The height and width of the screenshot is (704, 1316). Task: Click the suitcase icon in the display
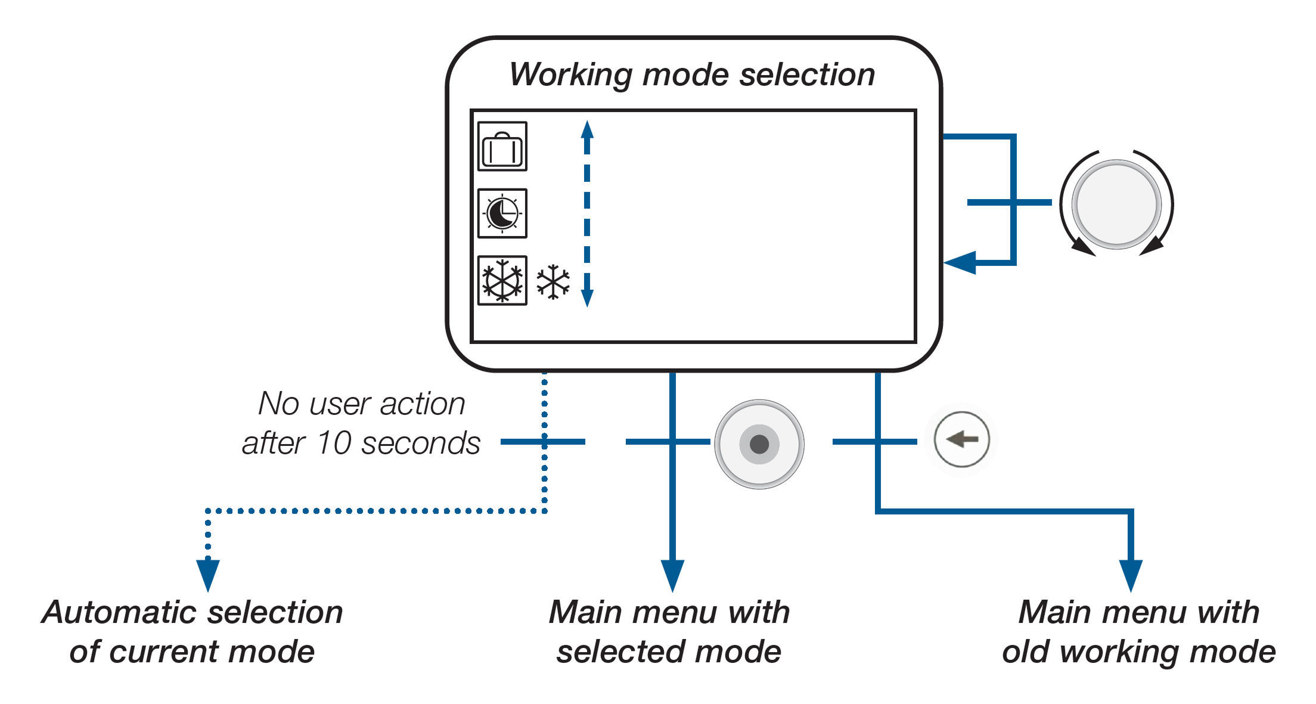[x=502, y=147]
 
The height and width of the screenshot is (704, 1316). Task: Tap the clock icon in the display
[x=502, y=213]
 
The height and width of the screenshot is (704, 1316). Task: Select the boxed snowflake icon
[x=502, y=281]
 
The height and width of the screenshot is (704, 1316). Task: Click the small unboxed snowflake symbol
[x=553, y=282]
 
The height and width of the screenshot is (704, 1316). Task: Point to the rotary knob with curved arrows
[x=1116, y=203]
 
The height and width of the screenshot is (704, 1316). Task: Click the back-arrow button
[x=961, y=440]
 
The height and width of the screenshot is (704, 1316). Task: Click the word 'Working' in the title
[x=570, y=75]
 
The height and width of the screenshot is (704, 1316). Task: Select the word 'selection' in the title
[x=807, y=75]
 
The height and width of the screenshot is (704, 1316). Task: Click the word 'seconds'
[x=421, y=443]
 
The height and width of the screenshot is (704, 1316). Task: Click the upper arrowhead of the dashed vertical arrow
[x=587, y=129]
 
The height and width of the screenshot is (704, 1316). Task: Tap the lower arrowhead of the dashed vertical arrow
[x=587, y=299]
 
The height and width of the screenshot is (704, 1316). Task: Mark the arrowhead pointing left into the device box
[x=960, y=262]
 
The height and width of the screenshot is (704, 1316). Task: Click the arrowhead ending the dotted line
[x=208, y=575]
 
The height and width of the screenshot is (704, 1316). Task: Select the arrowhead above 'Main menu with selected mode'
[x=672, y=575]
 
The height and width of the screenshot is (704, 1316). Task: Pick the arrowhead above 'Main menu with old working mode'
[x=1131, y=575]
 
